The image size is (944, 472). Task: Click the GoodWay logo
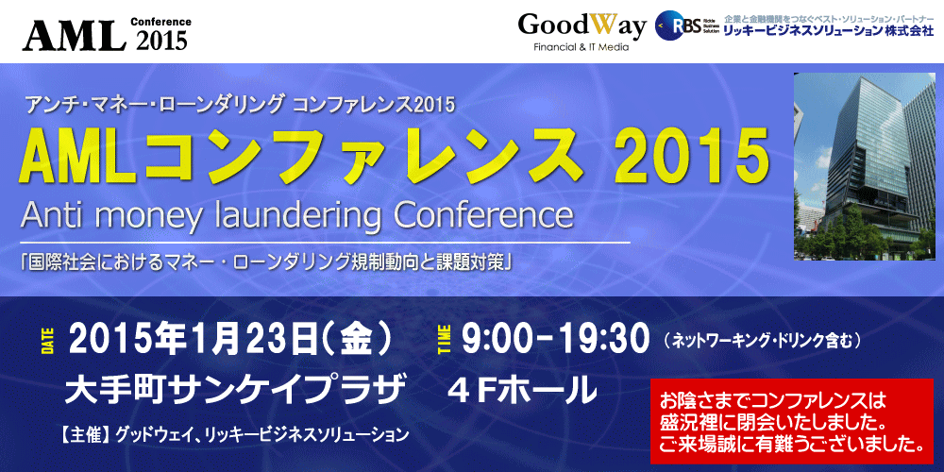[x=582, y=26]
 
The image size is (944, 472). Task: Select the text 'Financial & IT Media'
[x=582, y=47]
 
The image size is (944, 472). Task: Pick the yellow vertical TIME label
[x=445, y=340]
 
